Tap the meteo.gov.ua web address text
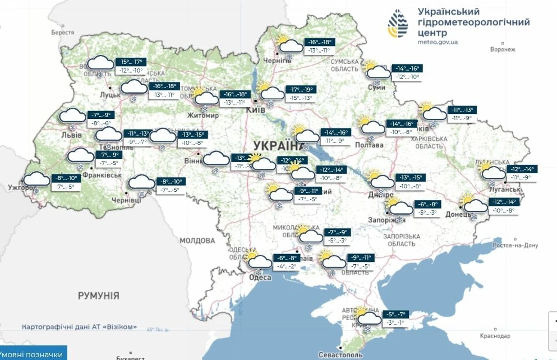tap(438, 42)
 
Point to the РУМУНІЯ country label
tap(98, 295)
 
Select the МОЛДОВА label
tap(197, 241)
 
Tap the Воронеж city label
tap(503, 49)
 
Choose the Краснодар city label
tap(495, 335)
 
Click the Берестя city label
tap(63, 33)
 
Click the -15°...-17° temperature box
tap(132, 62)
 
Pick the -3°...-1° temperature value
tap(395, 323)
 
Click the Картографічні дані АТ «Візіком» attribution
tap(79, 327)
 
